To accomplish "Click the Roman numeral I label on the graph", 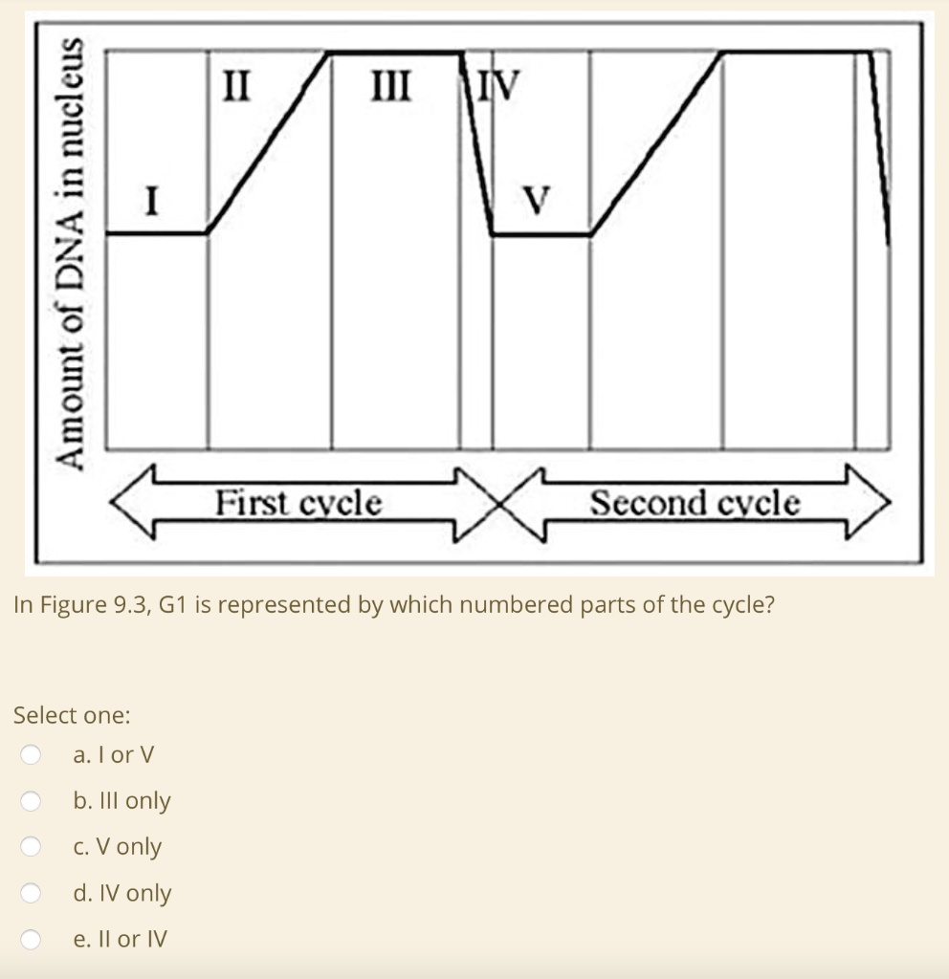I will coord(151,202).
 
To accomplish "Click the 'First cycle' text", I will coord(298,502).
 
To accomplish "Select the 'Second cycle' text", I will coord(695,502).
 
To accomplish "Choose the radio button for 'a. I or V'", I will coord(32,755).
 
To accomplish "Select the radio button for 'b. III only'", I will coord(32,801).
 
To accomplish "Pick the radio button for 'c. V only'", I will coord(32,847).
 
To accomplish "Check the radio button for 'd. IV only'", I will coord(32,893).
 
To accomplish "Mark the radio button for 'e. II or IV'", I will coord(32,940).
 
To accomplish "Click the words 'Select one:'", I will coord(73,715).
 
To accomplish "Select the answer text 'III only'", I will coord(135,801).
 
